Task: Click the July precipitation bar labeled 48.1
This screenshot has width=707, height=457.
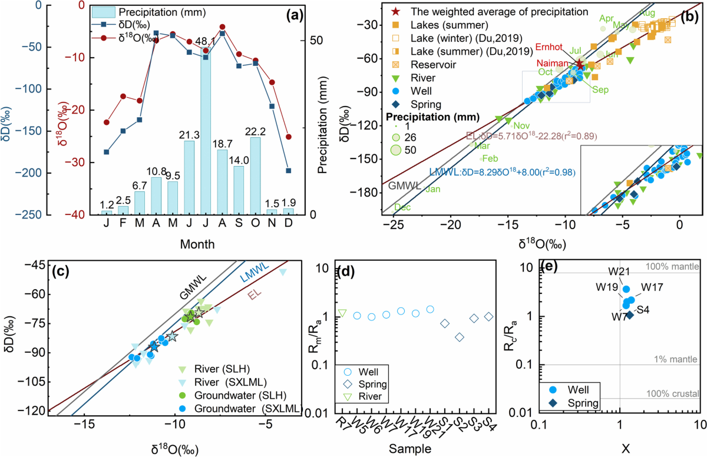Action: click(x=205, y=135)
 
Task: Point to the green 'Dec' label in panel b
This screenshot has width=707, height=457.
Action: click(x=402, y=207)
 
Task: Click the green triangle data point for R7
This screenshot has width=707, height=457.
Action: click(x=342, y=313)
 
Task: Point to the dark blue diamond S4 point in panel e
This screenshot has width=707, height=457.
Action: click(x=630, y=314)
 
